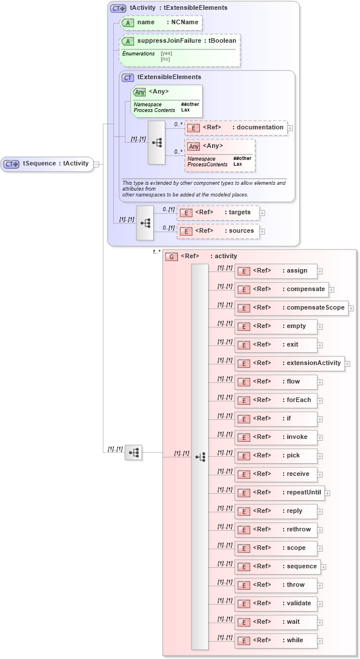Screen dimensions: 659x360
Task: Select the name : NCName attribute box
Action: coord(161,23)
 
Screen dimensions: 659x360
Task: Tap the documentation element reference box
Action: coord(236,128)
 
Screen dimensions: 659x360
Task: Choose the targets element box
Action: coord(218,213)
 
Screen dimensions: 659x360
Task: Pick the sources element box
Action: coord(218,231)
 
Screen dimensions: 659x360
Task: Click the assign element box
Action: coord(275,271)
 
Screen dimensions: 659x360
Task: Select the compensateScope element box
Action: coord(291,308)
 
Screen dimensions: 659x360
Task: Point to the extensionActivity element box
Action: coord(290,363)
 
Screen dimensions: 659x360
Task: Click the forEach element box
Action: coord(275,400)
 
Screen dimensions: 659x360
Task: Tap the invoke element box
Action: coord(275,437)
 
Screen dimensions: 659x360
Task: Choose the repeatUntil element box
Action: coord(279,493)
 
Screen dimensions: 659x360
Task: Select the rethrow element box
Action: coord(275,530)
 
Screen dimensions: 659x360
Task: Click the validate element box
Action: coord(275,604)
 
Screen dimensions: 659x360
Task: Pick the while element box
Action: coord(275,641)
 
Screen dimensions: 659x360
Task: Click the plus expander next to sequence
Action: coord(324,567)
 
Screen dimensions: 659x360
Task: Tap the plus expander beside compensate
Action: coord(332,289)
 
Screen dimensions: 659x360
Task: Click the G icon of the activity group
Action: coord(171,256)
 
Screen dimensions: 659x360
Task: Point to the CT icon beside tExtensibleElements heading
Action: coord(128,77)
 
